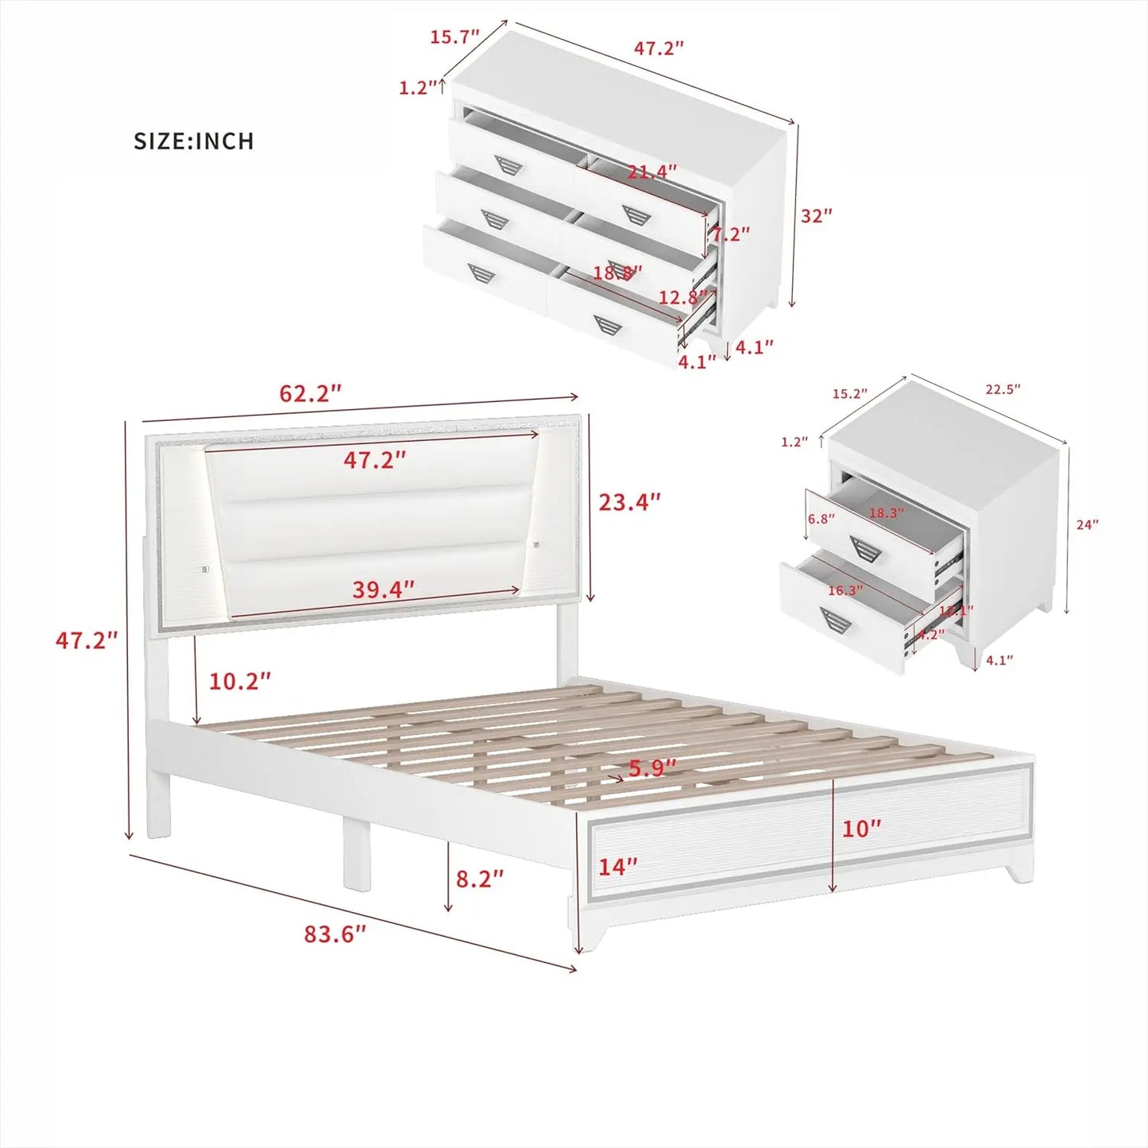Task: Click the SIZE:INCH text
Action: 194,141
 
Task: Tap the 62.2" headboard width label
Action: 310,393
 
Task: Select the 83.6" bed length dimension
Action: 334,933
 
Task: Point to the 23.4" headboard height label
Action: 629,502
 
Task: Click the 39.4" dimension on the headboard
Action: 383,589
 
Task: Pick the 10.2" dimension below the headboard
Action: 239,681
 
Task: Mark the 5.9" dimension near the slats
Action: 652,768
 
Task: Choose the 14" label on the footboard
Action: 617,867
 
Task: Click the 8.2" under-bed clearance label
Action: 479,878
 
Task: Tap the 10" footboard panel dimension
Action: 861,829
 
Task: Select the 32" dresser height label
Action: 816,215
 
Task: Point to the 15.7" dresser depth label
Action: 454,37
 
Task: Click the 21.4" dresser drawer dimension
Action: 651,171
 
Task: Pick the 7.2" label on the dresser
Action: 730,234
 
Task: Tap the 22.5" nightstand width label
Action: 1003,389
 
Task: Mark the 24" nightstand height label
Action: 1087,524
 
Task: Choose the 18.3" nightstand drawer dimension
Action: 885,513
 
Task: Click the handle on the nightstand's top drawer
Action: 865,548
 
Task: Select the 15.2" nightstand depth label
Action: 849,393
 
